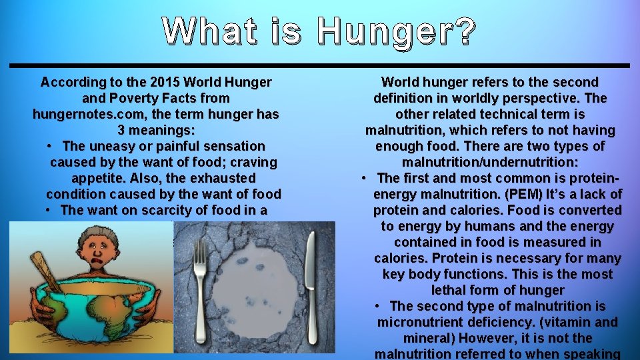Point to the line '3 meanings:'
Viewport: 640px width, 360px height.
tap(156, 131)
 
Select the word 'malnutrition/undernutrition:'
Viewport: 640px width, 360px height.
tap(490, 163)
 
